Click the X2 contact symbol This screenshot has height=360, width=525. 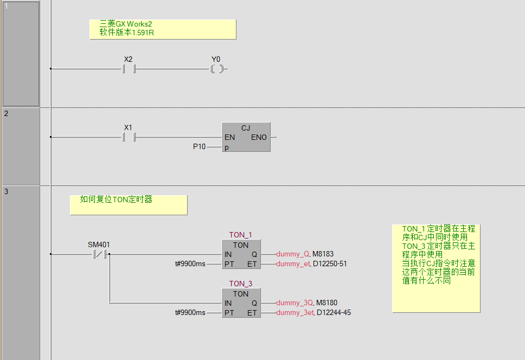click(129, 69)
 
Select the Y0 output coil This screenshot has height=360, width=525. click(216, 69)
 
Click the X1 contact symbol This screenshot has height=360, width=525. click(129, 137)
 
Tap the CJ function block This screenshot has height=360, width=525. click(246, 137)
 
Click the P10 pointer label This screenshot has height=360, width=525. click(200, 146)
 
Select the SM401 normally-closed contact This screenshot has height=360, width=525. click(99, 254)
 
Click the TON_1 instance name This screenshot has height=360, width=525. click(241, 235)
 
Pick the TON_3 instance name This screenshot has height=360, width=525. click(241, 284)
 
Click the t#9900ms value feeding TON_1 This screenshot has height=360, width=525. click(190, 264)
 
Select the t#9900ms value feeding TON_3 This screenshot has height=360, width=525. click(190, 313)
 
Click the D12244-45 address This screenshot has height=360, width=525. click(334, 313)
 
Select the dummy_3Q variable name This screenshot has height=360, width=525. click(294, 303)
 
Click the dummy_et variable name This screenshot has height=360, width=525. click(292, 264)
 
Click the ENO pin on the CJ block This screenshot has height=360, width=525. click(259, 137)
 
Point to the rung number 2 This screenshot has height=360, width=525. click(6, 113)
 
